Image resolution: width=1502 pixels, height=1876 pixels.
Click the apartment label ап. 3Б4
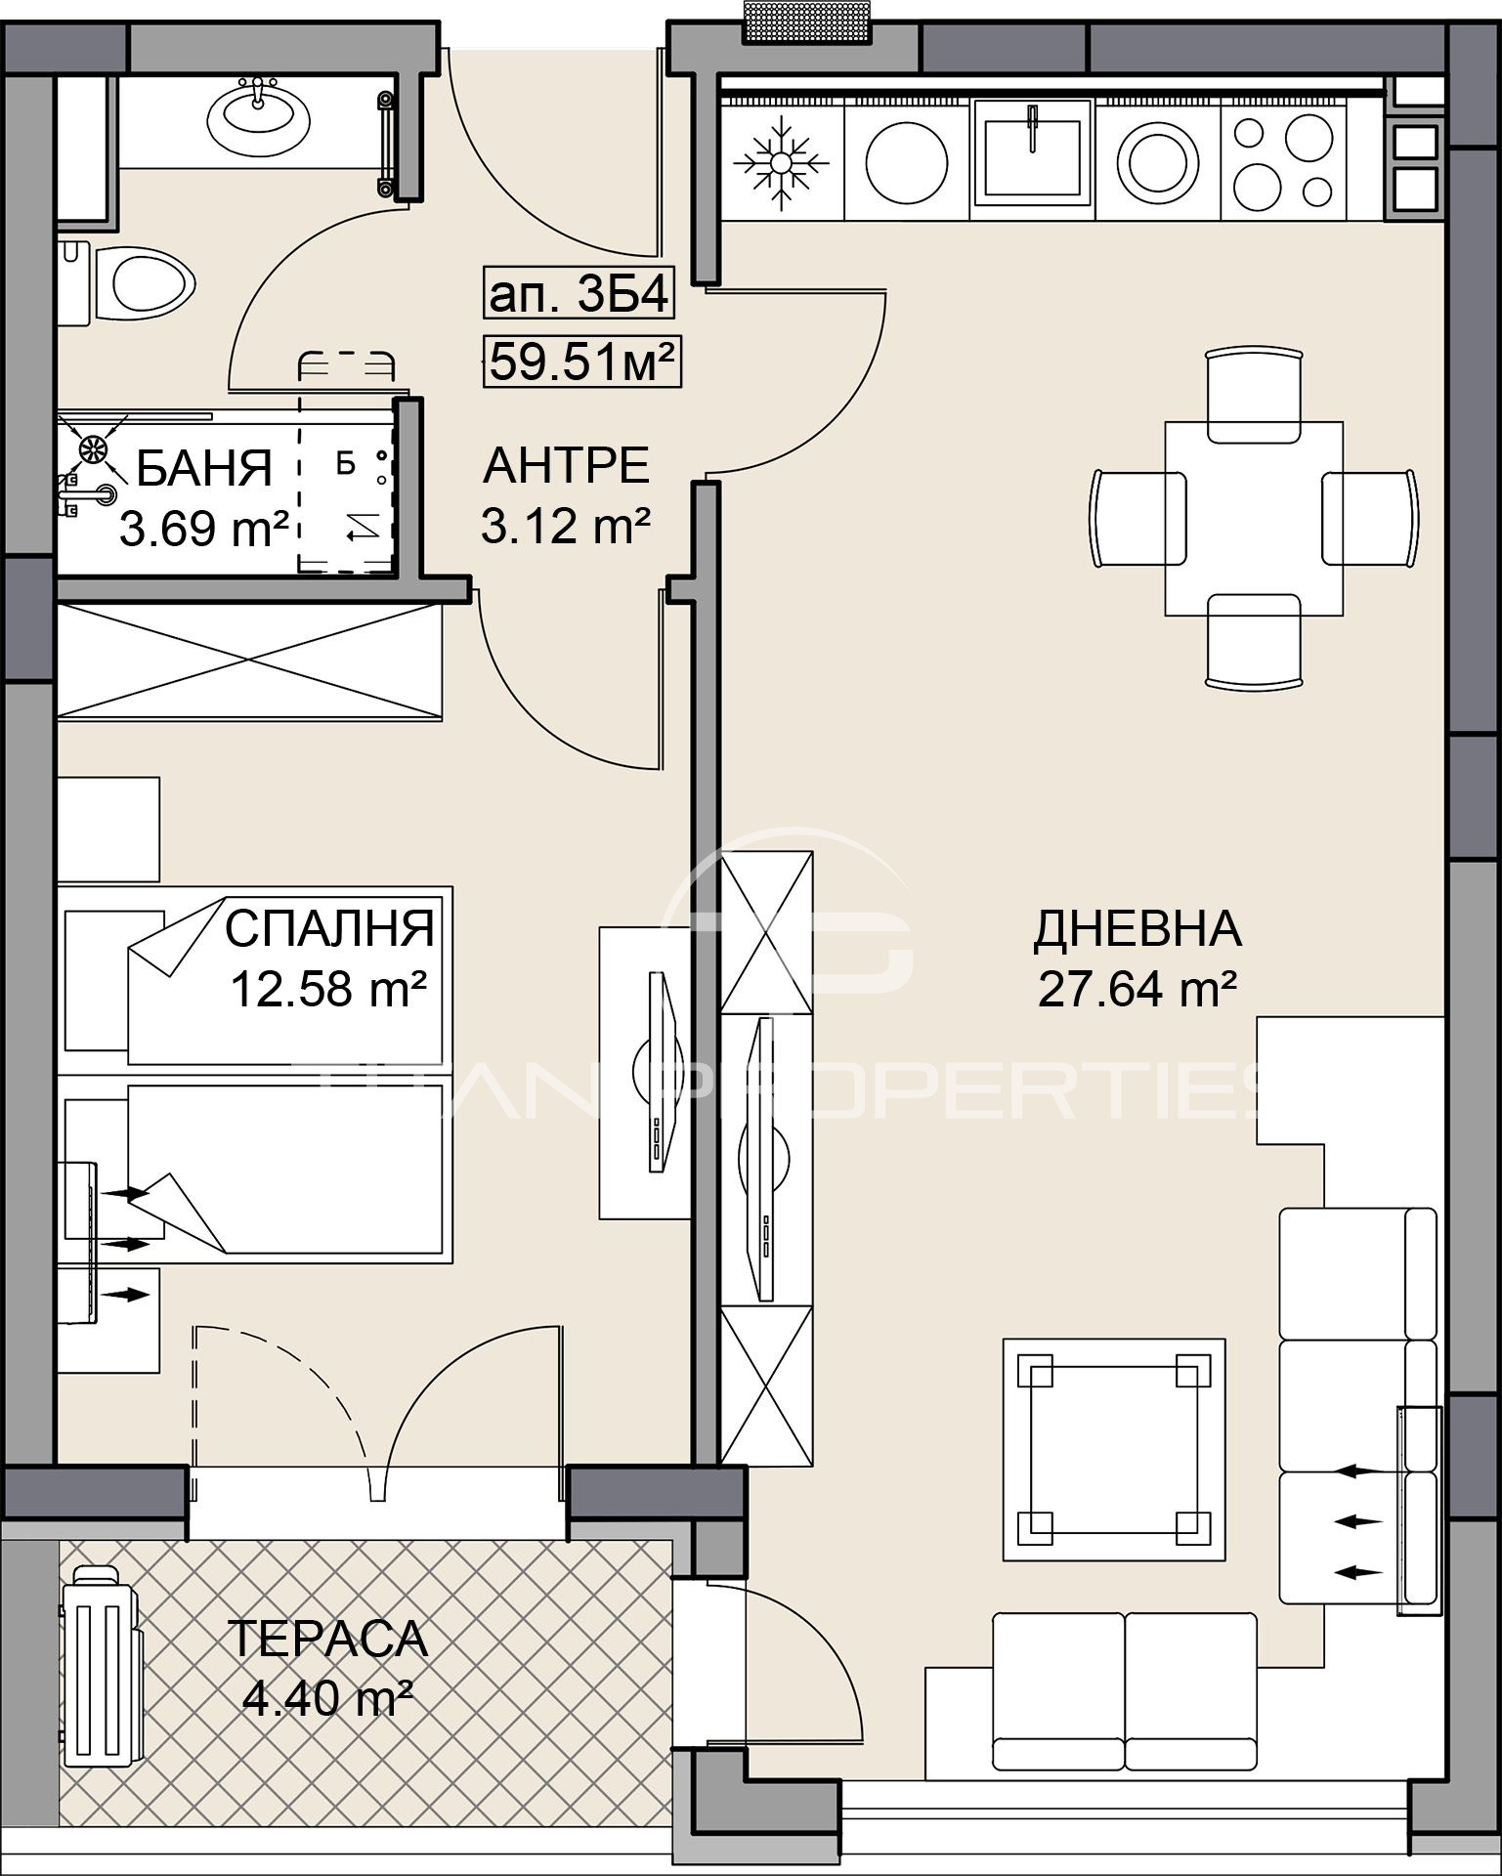click(579, 294)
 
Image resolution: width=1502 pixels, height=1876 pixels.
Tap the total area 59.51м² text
click(582, 363)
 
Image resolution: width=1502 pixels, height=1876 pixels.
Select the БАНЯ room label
click(203, 469)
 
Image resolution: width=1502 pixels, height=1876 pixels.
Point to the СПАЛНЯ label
click(329, 928)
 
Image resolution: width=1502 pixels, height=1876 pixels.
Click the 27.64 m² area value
click(1137, 989)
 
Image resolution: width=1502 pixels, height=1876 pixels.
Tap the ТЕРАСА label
click(327, 1640)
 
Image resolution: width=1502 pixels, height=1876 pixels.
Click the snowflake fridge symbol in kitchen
click(781, 162)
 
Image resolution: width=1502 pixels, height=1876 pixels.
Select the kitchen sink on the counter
click(1033, 157)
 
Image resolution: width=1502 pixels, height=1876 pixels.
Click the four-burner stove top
click(1282, 162)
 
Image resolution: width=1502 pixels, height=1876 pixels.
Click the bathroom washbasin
click(259, 118)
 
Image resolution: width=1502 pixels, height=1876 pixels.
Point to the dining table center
click(1253, 518)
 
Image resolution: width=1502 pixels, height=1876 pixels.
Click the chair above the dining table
click(1254, 395)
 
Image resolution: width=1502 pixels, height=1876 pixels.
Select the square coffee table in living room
click(1113, 1450)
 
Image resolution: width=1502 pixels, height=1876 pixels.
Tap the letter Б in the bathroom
click(345, 464)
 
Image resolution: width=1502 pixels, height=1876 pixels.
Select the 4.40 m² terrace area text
click(327, 1699)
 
